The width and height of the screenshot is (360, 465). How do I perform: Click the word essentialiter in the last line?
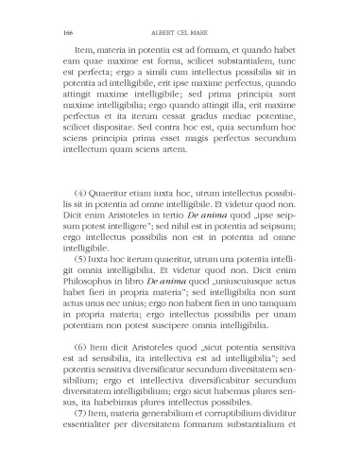93,450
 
